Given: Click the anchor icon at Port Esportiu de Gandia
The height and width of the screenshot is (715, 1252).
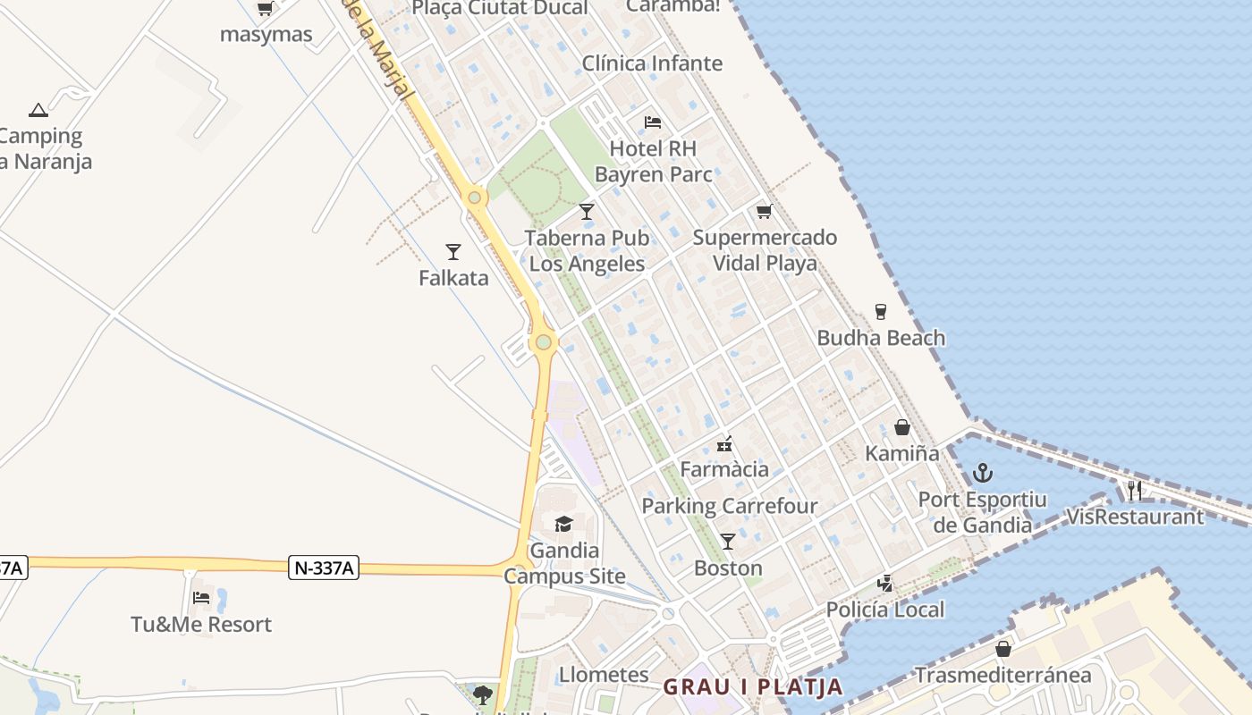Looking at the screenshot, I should point(983,472).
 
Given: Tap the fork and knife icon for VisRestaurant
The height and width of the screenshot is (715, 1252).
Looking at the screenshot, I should point(1135,490).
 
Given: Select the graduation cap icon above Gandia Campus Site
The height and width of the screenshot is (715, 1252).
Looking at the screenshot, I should point(563,524).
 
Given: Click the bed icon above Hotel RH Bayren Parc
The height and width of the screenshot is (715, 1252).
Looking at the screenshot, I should point(653,122).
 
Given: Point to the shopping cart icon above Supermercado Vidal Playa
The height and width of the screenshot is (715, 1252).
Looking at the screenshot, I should point(764,211).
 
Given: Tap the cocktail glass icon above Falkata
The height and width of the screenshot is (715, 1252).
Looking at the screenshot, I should point(453,251).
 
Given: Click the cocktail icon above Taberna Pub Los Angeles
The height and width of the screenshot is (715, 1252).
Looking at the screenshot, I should point(587,211).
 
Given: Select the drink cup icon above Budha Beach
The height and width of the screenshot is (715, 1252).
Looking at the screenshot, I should point(881,311).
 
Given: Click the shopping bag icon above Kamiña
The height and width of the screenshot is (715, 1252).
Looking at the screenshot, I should point(902,427).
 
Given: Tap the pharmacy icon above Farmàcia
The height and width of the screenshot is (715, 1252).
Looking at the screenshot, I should point(724,443).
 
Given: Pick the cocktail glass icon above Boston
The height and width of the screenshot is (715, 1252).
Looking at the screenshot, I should point(728,541).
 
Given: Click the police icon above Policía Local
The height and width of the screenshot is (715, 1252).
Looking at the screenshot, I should point(884,584).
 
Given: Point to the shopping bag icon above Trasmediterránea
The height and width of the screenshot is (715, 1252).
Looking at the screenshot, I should point(1003,648).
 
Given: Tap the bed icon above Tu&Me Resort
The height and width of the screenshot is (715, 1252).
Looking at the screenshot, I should point(201,597).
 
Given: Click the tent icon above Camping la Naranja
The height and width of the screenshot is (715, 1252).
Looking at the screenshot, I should point(38,110).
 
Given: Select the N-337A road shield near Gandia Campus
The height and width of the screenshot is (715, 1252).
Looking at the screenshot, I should point(324,568).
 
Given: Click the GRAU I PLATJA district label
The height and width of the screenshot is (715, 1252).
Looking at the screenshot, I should point(753,686).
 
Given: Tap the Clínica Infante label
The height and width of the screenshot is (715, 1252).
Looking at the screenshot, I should point(652,63).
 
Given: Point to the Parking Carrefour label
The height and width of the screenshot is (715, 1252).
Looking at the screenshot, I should point(730,506).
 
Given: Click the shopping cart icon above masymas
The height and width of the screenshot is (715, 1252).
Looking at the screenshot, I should point(265,9).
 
